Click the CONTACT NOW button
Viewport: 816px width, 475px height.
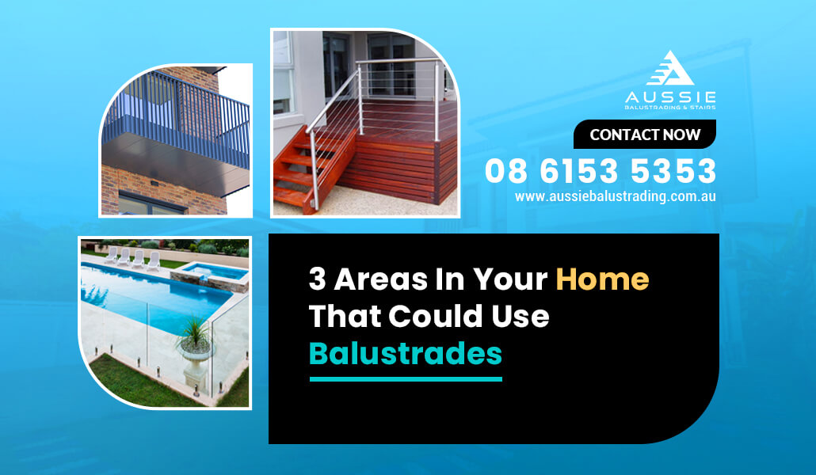point(645,135)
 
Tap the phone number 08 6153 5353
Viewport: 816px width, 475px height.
point(601,171)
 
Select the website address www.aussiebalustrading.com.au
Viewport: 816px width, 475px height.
point(615,196)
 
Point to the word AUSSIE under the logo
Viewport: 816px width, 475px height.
point(670,97)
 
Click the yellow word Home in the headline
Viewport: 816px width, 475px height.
point(602,279)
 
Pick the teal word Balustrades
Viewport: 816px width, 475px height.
point(406,353)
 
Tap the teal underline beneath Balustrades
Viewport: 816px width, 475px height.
point(406,379)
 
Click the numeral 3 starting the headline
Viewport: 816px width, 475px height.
point(317,279)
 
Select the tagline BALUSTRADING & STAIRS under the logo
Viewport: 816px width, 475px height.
point(670,107)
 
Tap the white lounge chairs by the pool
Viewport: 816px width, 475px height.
point(133,259)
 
